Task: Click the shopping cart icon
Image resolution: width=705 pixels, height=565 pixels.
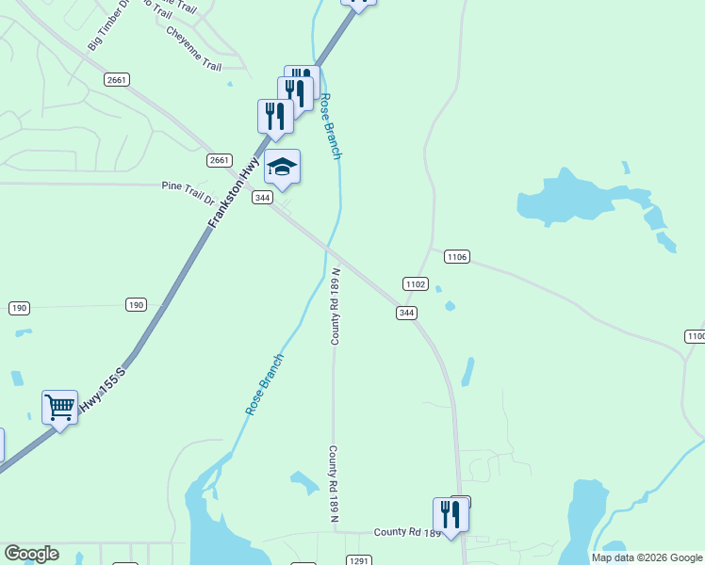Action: click(x=60, y=408)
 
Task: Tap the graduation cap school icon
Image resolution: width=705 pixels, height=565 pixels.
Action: click(x=282, y=168)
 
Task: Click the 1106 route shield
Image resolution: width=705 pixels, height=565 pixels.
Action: click(x=457, y=257)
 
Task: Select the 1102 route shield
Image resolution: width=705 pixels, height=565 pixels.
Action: click(x=415, y=283)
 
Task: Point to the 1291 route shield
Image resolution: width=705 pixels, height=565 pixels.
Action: click(x=358, y=560)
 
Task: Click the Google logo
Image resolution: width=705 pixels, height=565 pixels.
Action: click(x=30, y=554)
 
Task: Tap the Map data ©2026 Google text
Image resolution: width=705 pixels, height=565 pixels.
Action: click(x=647, y=557)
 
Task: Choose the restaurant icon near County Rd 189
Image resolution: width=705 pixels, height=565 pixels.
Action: click(x=451, y=514)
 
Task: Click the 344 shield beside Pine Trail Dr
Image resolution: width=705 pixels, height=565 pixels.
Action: click(x=263, y=198)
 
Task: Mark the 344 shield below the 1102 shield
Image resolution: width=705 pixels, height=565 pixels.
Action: click(x=406, y=313)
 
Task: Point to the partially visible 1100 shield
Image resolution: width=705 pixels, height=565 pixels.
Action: click(x=696, y=336)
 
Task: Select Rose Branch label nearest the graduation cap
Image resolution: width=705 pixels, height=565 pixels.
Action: click(x=330, y=126)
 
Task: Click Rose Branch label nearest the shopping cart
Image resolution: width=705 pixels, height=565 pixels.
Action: click(x=265, y=384)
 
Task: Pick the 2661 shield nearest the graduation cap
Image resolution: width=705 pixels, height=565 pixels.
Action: click(x=220, y=160)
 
